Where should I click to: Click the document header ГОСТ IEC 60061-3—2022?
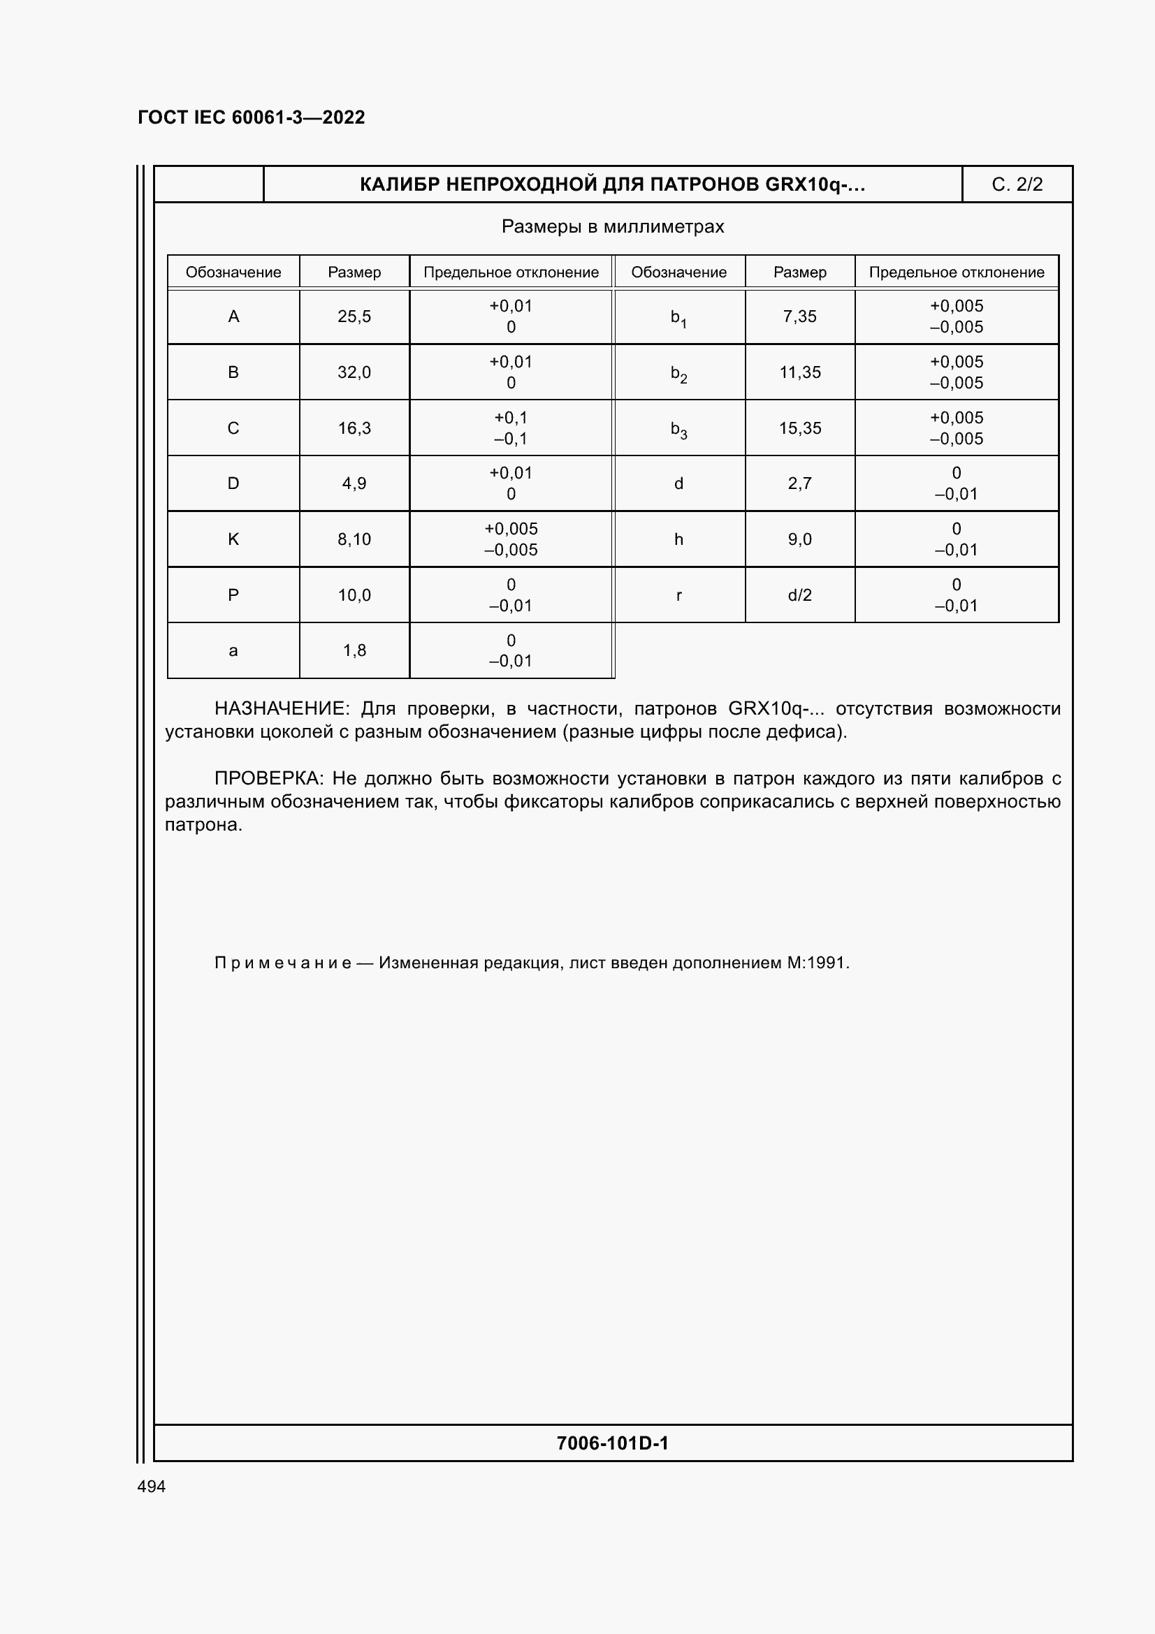click(252, 117)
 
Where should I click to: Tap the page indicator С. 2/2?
click(1016, 184)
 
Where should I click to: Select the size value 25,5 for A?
click(354, 316)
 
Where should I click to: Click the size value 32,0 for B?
click(354, 372)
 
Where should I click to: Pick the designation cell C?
click(233, 428)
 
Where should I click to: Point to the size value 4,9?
click(354, 484)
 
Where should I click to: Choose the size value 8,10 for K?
click(354, 539)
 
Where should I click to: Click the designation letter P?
click(233, 595)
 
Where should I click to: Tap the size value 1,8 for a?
click(354, 650)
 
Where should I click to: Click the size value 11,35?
click(800, 372)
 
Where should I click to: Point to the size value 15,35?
click(800, 428)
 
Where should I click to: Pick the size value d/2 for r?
click(800, 595)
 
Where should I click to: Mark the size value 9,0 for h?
click(800, 539)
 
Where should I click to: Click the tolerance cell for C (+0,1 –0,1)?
click(511, 428)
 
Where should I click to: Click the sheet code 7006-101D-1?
click(613, 1443)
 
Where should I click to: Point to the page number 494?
click(152, 1487)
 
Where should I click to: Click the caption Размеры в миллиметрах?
click(613, 227)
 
